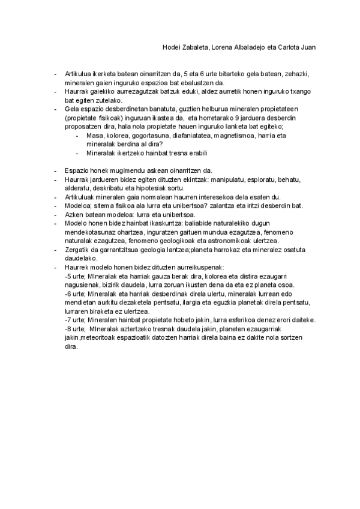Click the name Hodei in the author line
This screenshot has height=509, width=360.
(x=172, y=47)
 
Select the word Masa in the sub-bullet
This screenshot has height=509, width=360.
(x=94, y=136)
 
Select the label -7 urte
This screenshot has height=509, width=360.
(x=74, y=319)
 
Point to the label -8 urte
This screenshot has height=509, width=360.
(x=74, y=329)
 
